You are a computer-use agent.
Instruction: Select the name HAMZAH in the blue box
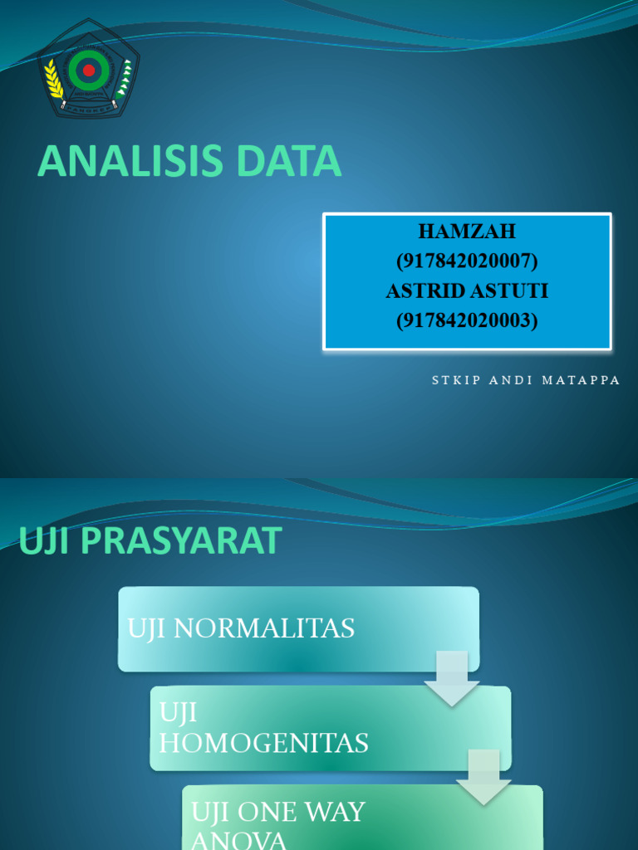467,232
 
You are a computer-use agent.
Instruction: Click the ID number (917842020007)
467,261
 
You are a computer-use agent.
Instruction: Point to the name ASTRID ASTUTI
467,291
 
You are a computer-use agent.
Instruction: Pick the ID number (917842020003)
467,320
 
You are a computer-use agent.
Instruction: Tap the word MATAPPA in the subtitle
582,380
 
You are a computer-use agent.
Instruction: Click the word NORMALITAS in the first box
267,628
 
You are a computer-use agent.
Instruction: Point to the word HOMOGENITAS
263,742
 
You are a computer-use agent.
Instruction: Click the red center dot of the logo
88,71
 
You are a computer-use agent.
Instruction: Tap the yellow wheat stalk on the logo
54,80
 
